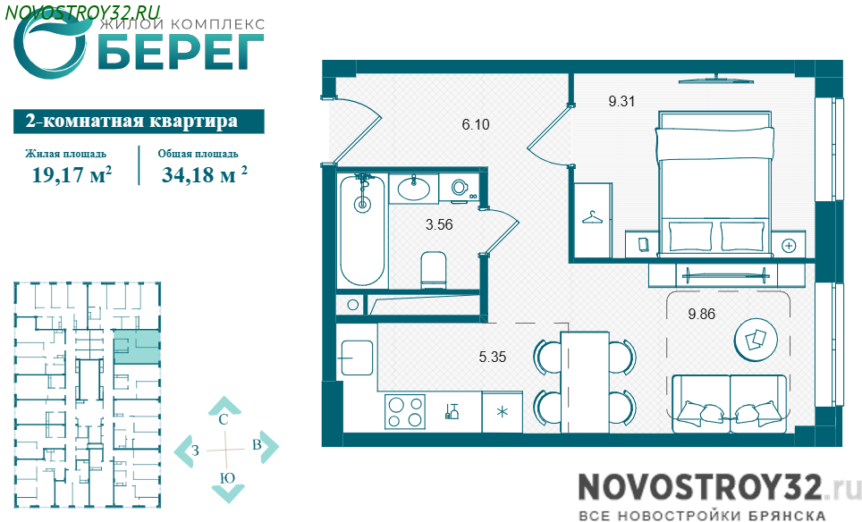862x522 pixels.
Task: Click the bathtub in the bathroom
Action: [x=361, y=231]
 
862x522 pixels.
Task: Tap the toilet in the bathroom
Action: [x=433, y=270]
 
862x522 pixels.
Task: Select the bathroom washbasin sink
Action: [x=413, y=189]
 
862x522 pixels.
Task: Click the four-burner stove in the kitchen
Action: [x=405, y=412]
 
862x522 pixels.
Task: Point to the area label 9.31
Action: [x=621, y=101]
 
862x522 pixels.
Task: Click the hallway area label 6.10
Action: [x=476, y=125]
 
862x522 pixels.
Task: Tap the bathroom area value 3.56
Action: [x=439, y=224]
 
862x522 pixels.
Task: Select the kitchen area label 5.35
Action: [x=492, y=358]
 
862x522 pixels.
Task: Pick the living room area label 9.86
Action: [x=701, y=315]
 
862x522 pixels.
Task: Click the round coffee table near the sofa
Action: [x=756, y=341]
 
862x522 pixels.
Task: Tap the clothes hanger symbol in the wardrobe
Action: [x=592, y=218]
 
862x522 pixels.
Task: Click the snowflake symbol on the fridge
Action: [x=502, y=411]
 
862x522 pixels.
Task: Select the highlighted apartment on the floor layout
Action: [x=137, y=347]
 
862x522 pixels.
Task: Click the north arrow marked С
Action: [x=224, y=410]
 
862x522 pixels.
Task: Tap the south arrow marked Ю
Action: [x=227, y=485]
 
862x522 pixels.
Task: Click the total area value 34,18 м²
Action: [x=204, y=174]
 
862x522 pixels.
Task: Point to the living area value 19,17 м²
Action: [x=72, y=174]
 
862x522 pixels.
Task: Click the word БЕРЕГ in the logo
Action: [x=181, y=52]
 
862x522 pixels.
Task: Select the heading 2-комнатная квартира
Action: [x=132, y=121]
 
